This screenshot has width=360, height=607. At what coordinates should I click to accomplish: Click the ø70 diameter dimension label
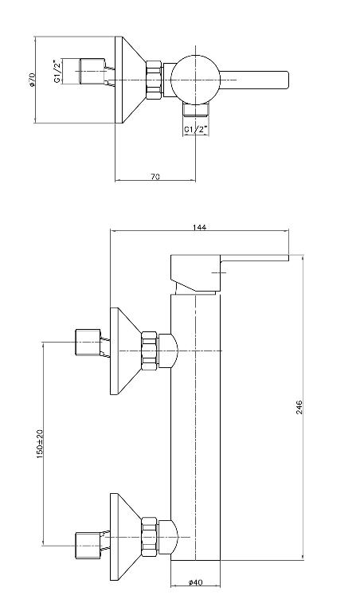32,79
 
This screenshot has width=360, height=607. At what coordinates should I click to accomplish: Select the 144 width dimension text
199,227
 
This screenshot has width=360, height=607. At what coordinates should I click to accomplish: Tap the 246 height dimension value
299,407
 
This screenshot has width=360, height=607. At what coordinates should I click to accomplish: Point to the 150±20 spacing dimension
40,444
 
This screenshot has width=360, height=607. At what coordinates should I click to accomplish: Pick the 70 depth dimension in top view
155,177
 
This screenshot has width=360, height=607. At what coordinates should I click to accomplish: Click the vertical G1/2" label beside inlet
57,71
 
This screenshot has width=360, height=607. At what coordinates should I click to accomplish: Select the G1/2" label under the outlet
196,129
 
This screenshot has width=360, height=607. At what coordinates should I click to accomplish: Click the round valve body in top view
195,80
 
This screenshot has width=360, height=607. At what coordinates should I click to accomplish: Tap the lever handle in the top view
254,80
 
